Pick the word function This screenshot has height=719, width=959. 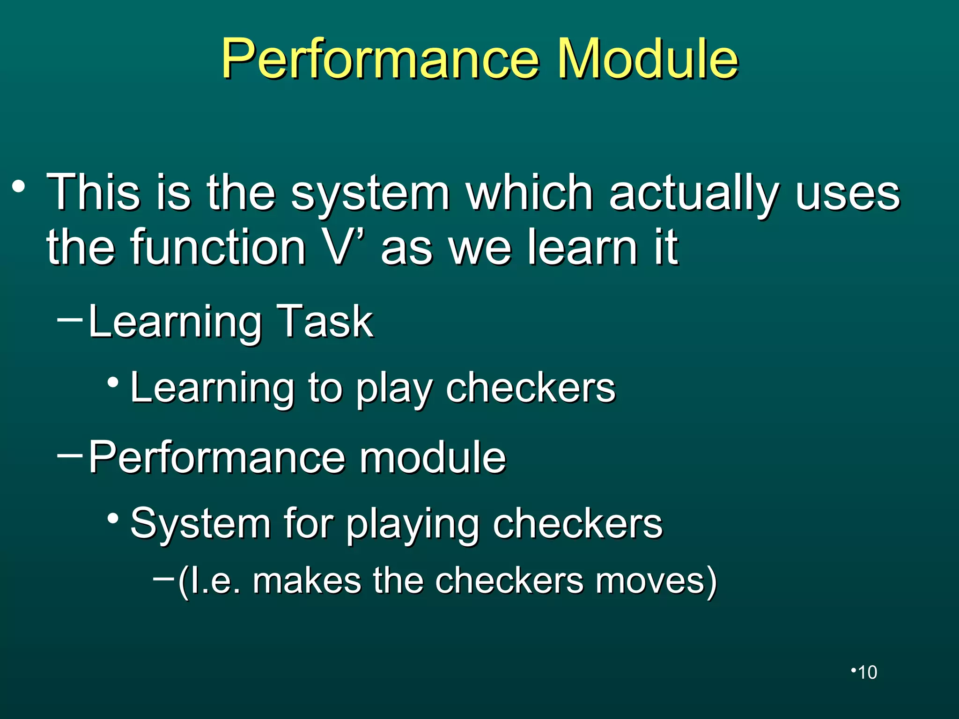point(218,247)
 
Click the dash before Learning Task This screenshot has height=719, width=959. point(69,320)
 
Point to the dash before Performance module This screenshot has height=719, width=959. point(69,455)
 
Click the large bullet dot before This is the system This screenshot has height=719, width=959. point(19,187)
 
